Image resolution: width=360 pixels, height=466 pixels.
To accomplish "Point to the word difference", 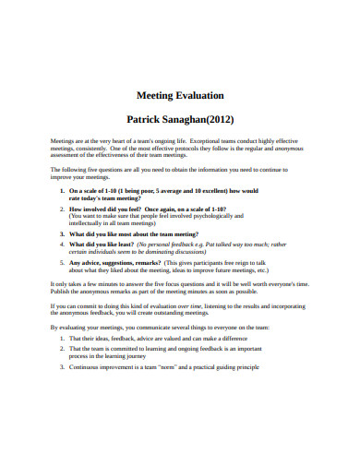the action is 234,339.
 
